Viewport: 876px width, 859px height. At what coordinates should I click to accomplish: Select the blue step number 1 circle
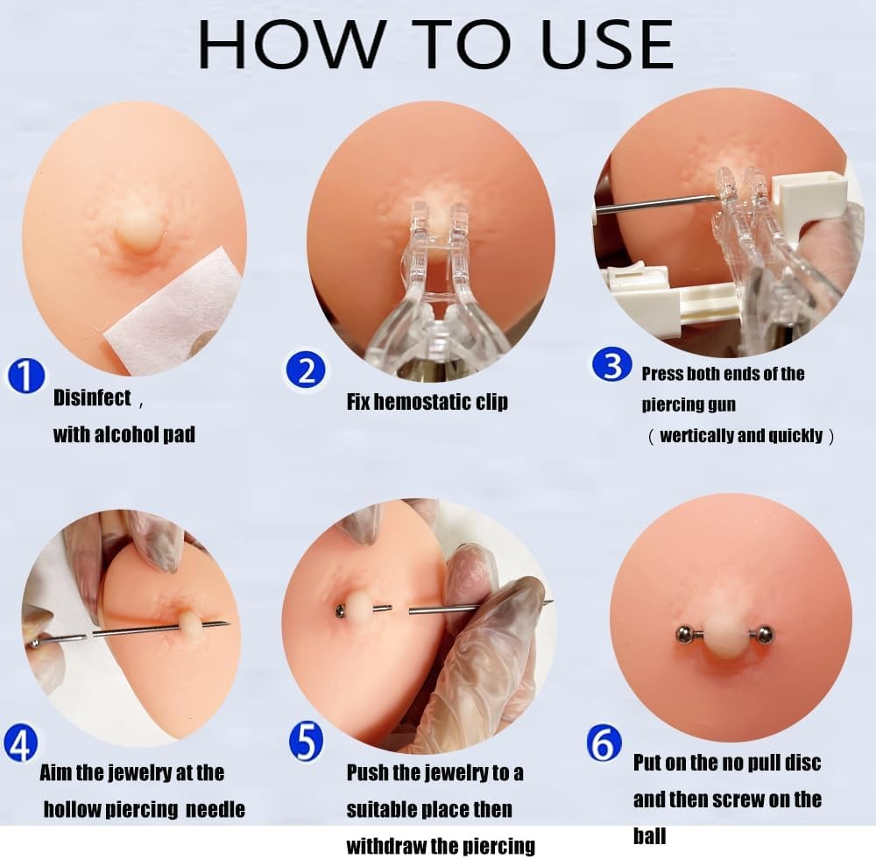(25, 376)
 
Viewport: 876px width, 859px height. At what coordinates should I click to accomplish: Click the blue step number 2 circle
(305, 370)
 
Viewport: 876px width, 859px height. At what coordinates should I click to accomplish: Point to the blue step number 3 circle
(612, 364)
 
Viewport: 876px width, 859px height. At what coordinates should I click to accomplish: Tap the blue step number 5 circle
(306, 741)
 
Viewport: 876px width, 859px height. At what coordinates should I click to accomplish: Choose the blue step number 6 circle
(604, 743)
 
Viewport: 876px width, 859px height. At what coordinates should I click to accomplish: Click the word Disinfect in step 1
(92, 398)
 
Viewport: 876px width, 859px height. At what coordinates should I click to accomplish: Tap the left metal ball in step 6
(682, 634)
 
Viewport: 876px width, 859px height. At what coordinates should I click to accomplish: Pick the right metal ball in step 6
(765, 635)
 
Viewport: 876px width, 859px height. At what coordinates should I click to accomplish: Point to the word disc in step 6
(802, 763)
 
